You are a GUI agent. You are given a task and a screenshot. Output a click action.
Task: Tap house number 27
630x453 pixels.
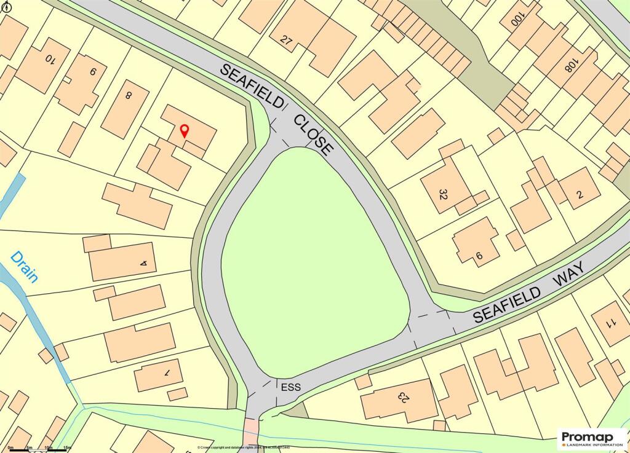click(x=285, y=41)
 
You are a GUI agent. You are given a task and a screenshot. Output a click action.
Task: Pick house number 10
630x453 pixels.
click(x=50, y=60)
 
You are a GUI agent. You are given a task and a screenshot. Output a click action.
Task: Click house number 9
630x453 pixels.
click(x=93, y=72)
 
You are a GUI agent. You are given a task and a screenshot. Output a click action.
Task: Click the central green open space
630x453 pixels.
click(x=314, y=264)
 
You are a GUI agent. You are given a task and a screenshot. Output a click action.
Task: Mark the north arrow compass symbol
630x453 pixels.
click(x=6, y=6)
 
